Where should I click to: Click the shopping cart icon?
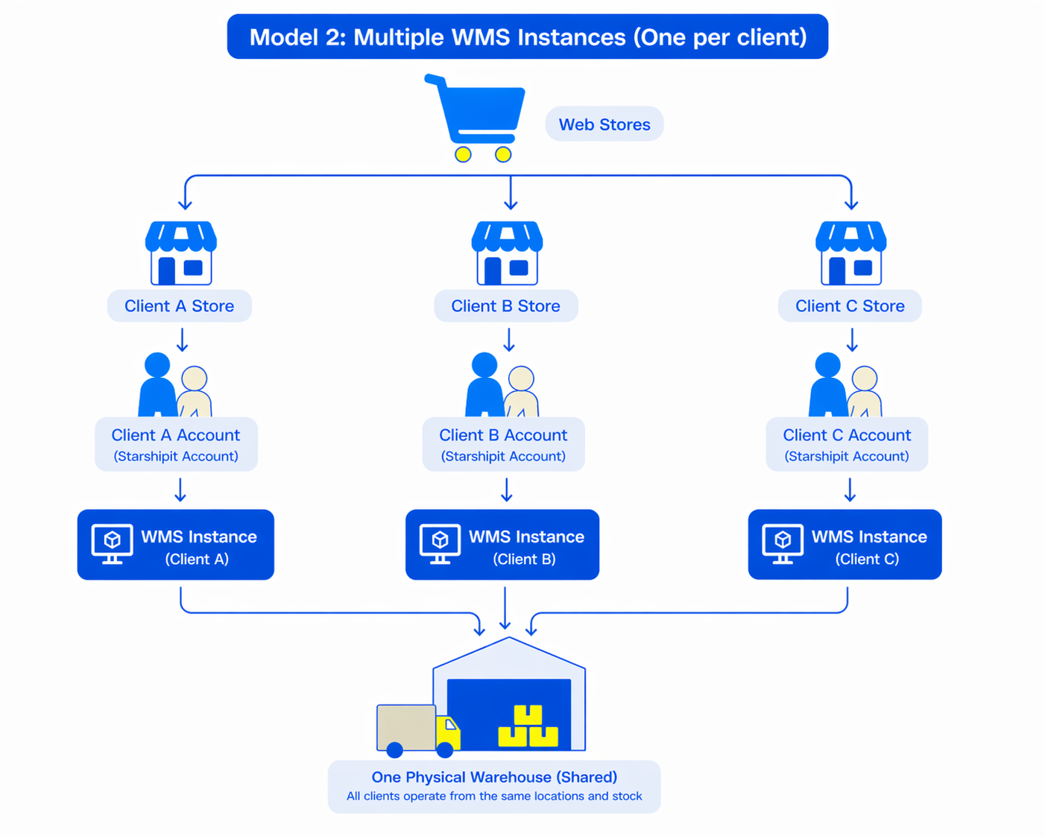pos(477,115)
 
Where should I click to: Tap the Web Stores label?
pos(604,124)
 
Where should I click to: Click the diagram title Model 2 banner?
pos(528,37)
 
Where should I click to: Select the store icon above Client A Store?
pos(181,253)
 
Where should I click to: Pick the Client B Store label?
pos(505,306)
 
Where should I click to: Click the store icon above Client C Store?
pos(850,253)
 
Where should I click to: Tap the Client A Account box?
pos(176,444)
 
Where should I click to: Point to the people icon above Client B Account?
pos(502,385)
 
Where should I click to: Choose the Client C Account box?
pos(847,444)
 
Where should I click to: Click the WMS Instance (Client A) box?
pos(176,545)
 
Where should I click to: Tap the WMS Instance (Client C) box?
pos(844,545)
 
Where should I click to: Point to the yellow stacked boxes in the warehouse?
pos(528,727)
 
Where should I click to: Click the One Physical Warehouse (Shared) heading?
pos(494,777)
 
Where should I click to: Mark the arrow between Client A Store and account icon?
pos(182,340)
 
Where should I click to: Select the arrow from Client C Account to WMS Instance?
pos(850,490)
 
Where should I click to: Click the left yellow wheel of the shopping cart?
pos(463,154)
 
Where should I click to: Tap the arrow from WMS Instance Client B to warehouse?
pos(505,608)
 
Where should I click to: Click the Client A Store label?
pos(179,306)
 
